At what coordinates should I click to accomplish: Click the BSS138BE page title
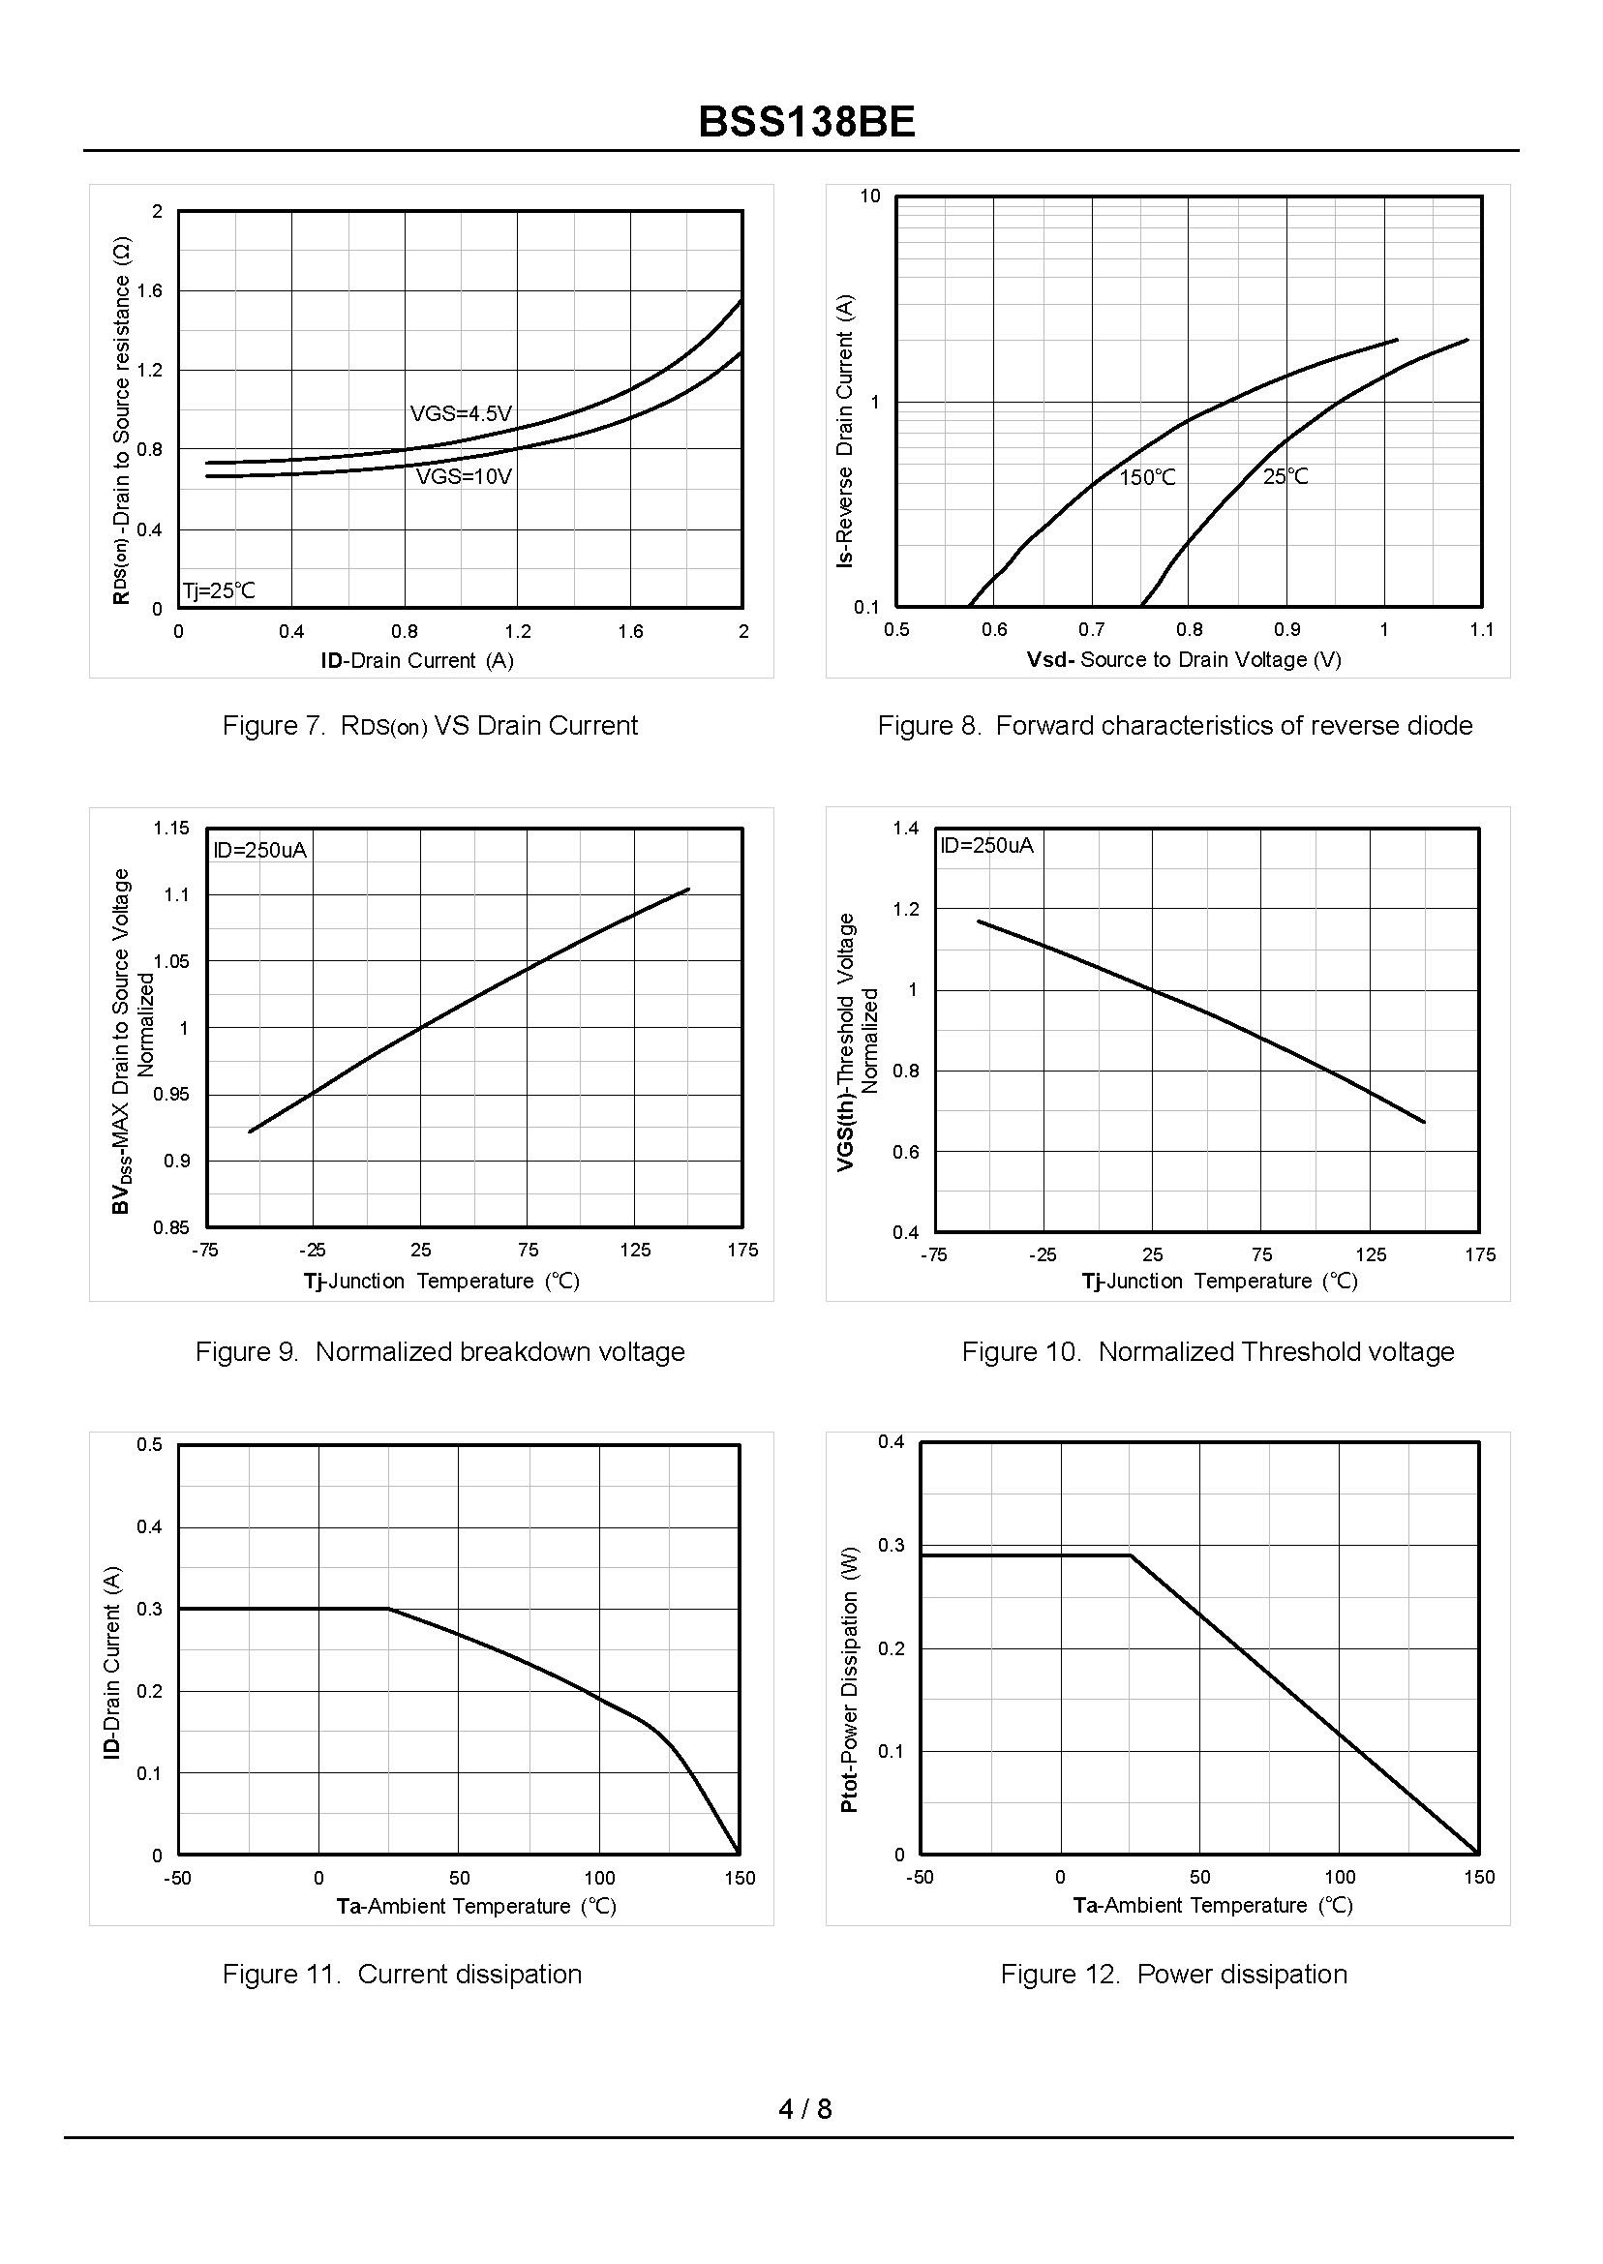806,122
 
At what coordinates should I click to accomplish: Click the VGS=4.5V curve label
461,413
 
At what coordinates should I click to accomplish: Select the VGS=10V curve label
464,476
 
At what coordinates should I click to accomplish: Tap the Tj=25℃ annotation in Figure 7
218,590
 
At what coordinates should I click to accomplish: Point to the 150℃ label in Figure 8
1147,477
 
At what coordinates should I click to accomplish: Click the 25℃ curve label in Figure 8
1285,476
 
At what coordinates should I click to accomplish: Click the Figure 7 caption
430,725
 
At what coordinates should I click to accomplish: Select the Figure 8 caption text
1174,725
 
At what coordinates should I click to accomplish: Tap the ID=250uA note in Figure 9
260,850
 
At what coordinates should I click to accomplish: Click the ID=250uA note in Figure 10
986,845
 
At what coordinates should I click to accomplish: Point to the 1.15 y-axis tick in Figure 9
170,828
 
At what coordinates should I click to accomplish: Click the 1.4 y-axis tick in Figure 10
905,828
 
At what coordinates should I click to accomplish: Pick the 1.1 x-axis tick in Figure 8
1481,630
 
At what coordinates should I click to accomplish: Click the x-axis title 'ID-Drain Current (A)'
416,660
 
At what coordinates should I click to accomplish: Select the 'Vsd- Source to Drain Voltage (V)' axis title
1184,659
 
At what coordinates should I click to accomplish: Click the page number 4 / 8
804,2109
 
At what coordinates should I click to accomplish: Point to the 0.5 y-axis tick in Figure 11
150,1445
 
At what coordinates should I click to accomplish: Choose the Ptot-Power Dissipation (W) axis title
849,1678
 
